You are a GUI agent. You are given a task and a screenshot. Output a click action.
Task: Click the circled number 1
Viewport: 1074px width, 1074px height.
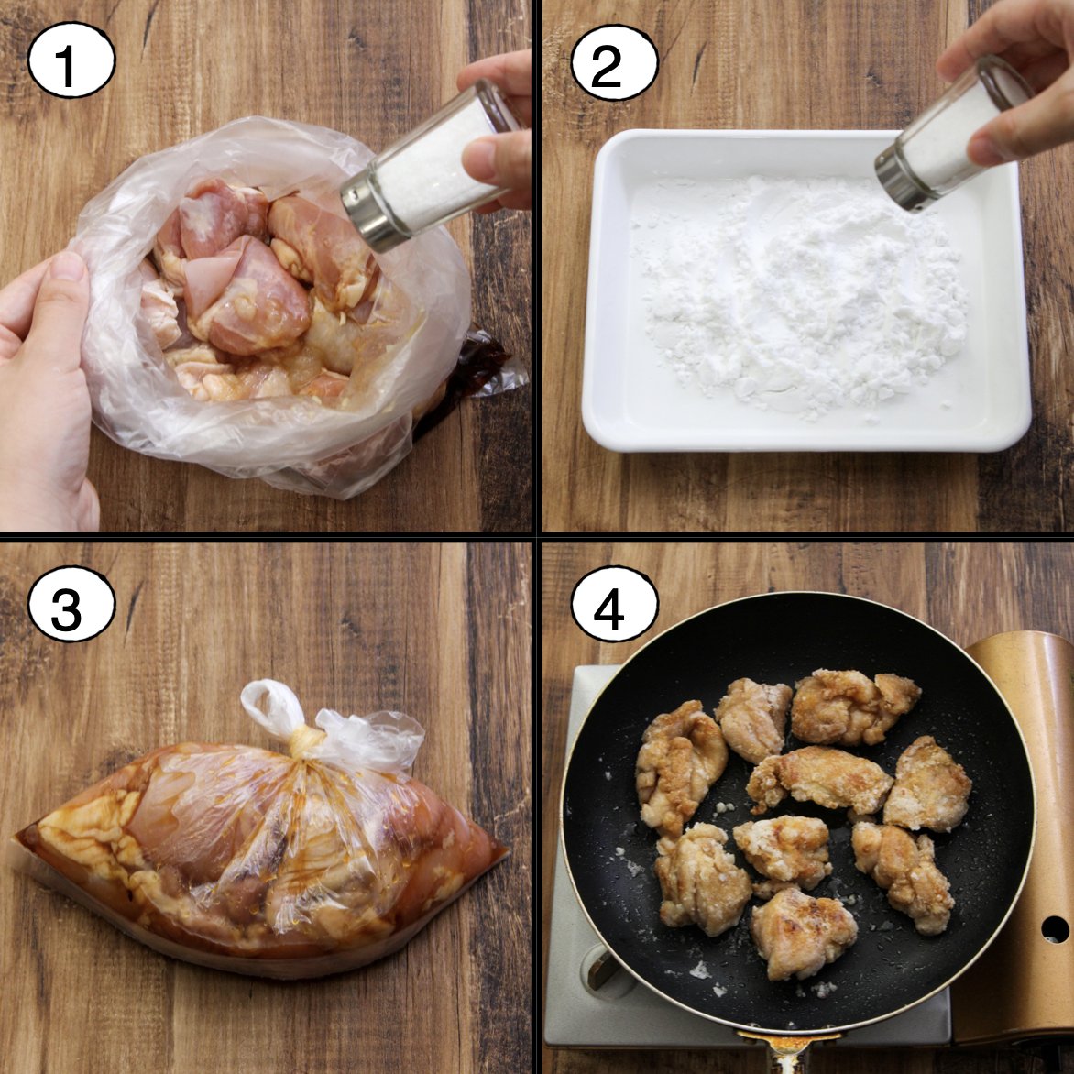tap(71, 60)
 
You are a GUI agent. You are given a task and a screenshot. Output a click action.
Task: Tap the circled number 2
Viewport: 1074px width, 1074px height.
tap(614, 62)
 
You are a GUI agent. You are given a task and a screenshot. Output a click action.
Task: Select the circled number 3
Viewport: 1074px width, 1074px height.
tap(71, 604)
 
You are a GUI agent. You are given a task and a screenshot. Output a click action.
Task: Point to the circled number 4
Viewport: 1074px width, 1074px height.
tap(614, 604)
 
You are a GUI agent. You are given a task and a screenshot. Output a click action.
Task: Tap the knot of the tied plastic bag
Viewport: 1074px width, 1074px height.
tap(305, 741)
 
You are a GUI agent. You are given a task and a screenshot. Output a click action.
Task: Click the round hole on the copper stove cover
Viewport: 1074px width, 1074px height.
tap(1054, 929)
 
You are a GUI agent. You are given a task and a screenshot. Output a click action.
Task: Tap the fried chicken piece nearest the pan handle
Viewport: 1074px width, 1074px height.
tap(804, 933)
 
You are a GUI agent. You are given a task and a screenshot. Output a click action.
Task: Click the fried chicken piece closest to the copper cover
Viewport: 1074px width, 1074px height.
tap(927, 785)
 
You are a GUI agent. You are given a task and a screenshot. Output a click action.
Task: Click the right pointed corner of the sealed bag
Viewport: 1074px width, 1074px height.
tap(506, 854)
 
